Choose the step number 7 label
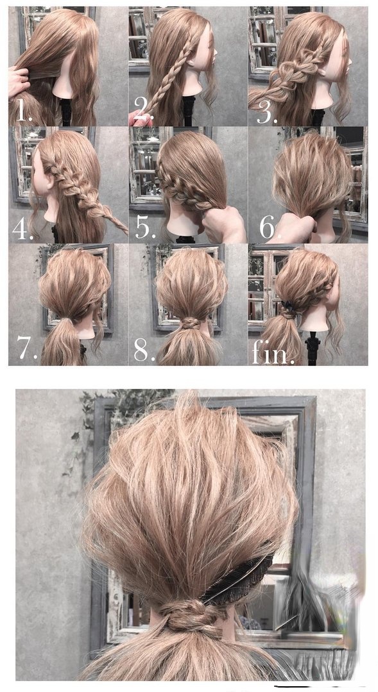tap(26, 348)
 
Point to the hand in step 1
tap(18, 81)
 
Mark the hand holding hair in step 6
tap(293, 228)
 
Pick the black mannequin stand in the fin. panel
tap(313, 349)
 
